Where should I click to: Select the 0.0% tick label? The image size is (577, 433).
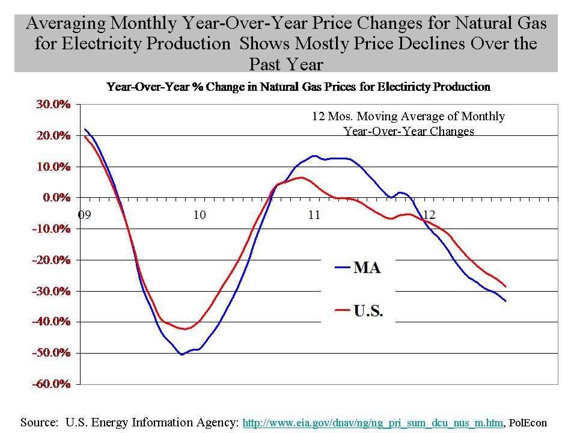58,197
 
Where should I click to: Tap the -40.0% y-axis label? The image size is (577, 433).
53,322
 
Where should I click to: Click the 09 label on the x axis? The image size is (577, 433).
84,214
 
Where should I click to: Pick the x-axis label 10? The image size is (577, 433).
199,214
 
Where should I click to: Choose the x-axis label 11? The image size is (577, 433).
314,214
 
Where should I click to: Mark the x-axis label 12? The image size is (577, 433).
429,214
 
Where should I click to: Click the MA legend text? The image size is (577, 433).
367,268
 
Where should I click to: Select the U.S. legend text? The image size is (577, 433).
368,312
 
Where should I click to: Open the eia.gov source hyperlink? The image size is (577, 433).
372,423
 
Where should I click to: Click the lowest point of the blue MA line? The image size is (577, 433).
182,355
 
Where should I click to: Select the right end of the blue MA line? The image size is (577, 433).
505,301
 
